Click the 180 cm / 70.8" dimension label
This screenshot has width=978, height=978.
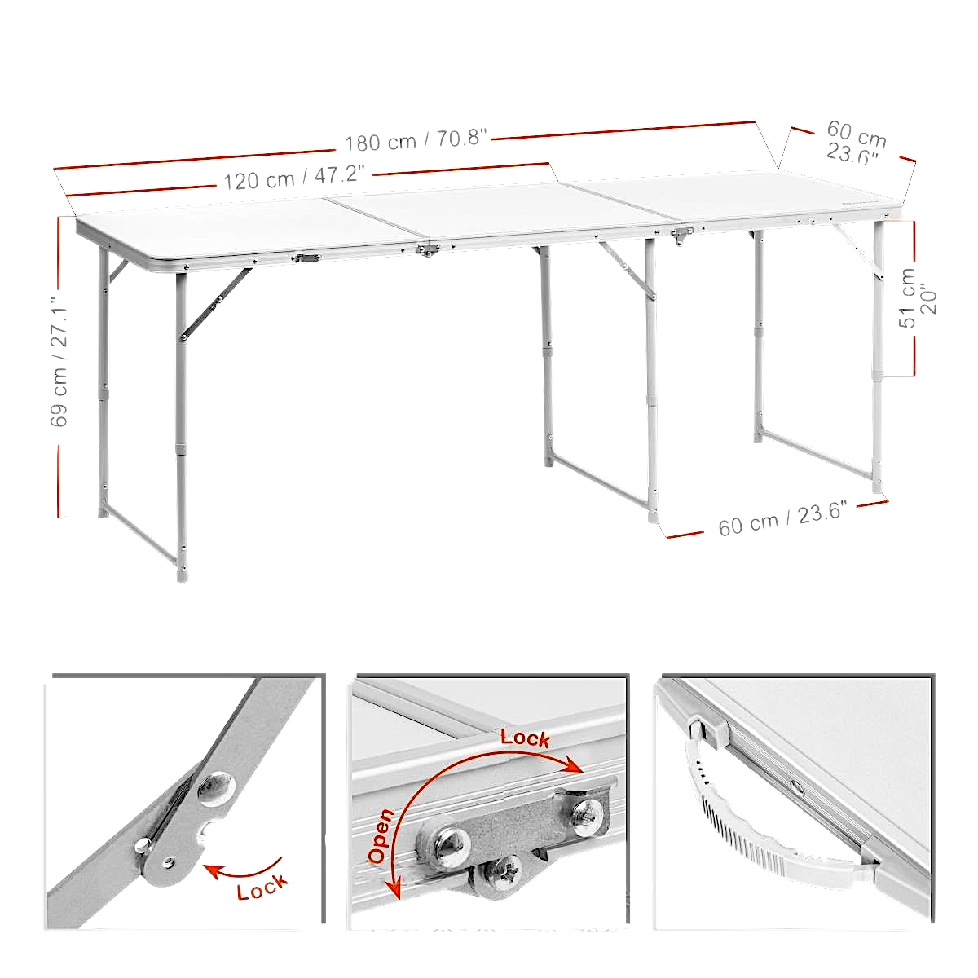[416, 140]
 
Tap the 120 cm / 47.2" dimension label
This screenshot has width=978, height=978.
[294, 177]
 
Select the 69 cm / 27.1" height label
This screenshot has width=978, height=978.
[59, 368]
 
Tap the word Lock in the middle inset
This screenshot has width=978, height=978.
[525, 738]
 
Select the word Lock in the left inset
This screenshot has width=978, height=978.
[262, 885]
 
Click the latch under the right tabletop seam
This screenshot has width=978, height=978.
[679, 236]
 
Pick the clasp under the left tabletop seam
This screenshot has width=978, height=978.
[424, 250]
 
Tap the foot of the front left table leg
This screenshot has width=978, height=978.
[182, 574]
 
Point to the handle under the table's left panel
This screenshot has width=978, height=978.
[308, 258]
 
